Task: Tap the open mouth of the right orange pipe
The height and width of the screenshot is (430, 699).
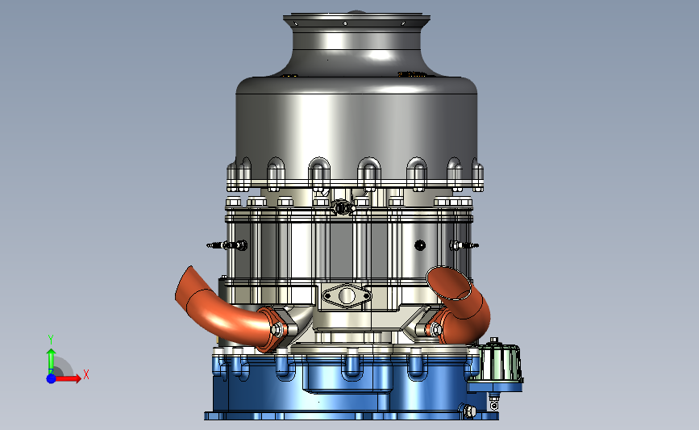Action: [449, 283]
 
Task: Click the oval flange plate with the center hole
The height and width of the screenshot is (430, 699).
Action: [347, 295]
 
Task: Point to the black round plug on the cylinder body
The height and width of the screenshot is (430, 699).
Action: [420, 245]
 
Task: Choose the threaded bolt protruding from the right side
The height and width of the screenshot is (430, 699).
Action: [464, 245]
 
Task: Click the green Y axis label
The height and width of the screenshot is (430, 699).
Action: [50, 340]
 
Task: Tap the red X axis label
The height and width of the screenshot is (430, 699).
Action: [86, 374]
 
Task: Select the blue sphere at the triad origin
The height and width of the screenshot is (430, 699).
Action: [52, 378]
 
